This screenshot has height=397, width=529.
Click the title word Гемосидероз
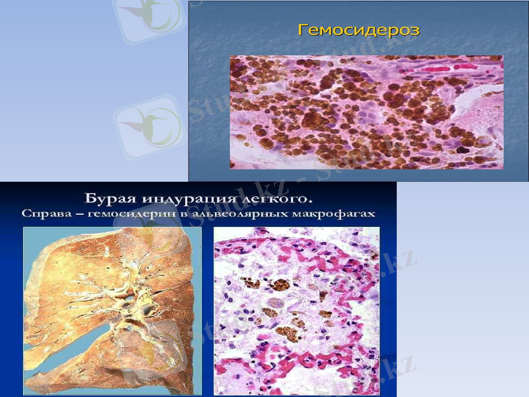(x=358, y=30)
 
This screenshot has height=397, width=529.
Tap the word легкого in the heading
(x=272, y=198)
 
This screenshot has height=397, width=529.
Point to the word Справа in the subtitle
(x=45, y=214)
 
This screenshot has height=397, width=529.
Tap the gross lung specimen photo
(x=112, y=311)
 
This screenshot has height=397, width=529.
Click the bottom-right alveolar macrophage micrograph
(x=296, y=311)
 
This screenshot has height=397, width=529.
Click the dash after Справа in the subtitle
(x=75, y=214)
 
